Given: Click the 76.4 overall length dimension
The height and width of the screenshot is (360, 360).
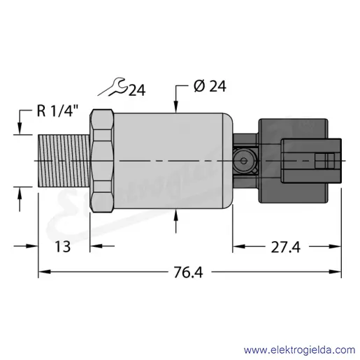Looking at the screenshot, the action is (x=188, y=272).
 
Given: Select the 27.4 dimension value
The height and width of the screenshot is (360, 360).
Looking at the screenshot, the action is (x=285, y=247).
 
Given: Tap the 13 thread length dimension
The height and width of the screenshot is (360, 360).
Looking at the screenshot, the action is (x=62, y=247).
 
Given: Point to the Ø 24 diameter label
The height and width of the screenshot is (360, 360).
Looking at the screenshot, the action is (x=210, y=86).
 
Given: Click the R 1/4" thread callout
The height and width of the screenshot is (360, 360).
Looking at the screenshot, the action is (x=57, y=110).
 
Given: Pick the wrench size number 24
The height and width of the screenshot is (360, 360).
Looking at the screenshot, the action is (x=137, y=90).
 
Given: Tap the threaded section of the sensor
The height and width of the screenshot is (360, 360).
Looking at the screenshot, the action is (x=64, y=161).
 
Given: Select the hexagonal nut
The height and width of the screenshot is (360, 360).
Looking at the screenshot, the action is (x=102, y=161).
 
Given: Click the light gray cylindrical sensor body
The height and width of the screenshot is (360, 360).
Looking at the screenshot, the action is (x=173, y=161).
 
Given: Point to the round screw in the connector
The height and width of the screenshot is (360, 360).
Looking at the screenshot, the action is (x=243, y=161).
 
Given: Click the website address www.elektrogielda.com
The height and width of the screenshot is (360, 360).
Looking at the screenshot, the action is (x=300, y=350).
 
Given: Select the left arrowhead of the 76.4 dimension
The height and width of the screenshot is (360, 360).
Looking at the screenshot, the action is (x=44, y=272).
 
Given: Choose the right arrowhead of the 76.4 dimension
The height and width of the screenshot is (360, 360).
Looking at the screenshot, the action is (x=335, y=272).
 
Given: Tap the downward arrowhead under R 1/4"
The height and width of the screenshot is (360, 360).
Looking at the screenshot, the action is (x=20, y=129).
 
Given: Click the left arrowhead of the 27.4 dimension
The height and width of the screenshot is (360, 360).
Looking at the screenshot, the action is (x=239, y=246).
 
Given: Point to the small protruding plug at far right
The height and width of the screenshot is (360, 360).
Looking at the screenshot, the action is (x=312, y=161).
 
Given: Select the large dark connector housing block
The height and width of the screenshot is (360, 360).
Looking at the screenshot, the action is (x=294, y=161).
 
